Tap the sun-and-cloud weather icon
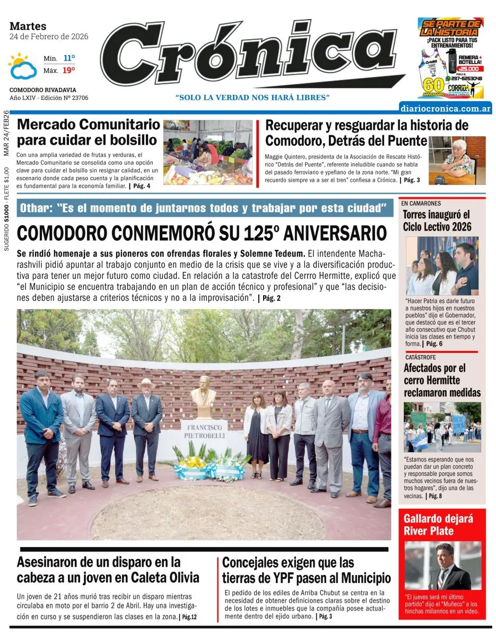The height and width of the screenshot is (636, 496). coord(22,66)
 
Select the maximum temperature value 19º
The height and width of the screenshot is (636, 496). coord(69,70)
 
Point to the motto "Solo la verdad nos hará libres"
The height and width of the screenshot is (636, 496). coord(253,98)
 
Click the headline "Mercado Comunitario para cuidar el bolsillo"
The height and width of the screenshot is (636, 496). coord(89,132)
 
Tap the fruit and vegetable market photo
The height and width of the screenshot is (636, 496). coord(208,152)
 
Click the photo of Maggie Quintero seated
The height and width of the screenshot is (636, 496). coord(457,160)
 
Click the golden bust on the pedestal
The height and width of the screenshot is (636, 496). coord(203,397)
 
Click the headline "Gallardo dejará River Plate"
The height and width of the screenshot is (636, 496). coord(438,524)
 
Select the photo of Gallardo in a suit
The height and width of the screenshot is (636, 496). coord(443,566)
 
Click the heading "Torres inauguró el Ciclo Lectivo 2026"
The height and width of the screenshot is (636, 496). coord(437,221)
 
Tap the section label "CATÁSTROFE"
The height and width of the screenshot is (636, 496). coord(420,357)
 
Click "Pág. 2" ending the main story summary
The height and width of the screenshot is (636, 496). coord(269,298)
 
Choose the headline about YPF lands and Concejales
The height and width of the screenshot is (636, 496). coord(306,570)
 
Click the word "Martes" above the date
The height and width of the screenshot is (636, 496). coord(28,26)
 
